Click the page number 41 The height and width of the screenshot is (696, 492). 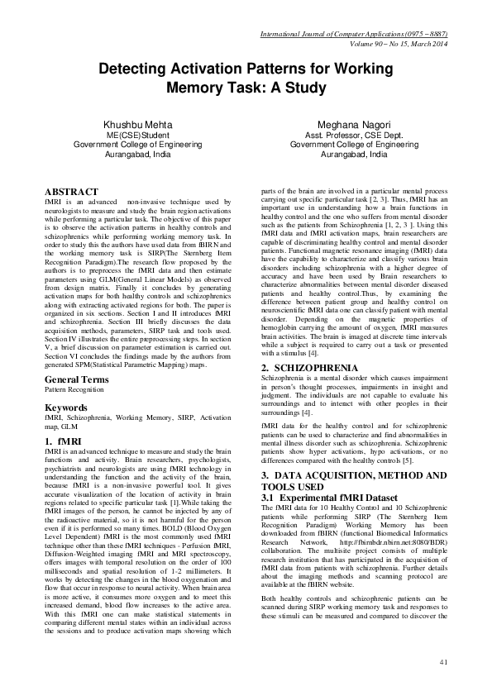(x=443, y=661)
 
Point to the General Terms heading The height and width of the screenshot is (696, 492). (x=75, y=379)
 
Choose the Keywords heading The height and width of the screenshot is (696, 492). (x=66, y=408)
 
